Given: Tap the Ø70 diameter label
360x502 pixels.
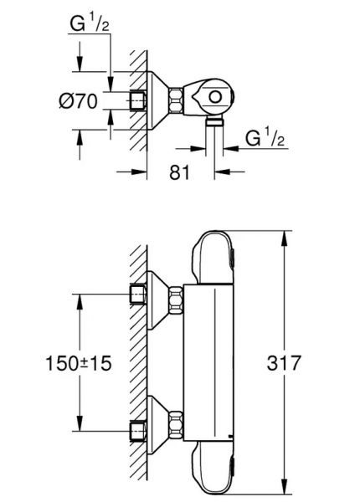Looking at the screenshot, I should click(x=80, y=102).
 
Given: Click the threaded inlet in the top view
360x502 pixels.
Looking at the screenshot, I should click(x=138, y=102).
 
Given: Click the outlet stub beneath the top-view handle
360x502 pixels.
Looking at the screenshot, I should click(x=216, y=123).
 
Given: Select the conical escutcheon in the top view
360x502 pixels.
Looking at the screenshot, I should click(x=156, y=102).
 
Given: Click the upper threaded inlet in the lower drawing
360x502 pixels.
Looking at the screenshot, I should click(x=138, y=294).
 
